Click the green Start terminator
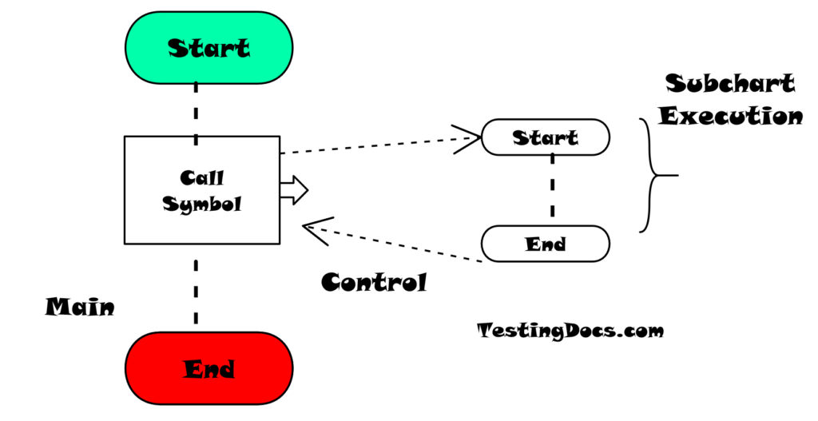(x=208, y=48)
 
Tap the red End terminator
(x=208, y=368)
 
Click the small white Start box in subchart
(x=546, y=137)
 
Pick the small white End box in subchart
(x=546, y=244)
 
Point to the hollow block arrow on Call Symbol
(x=294, y=190)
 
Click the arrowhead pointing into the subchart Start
(x=468, y=138)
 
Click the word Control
(x=374, y=282)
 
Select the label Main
(x=79, y=307)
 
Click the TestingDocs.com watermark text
(x=570, y=330)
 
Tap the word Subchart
(x=730, y=84)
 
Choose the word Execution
(x=730, y=116)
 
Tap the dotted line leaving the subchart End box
(x=399, y=244)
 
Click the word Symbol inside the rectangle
(x=201, y=204)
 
